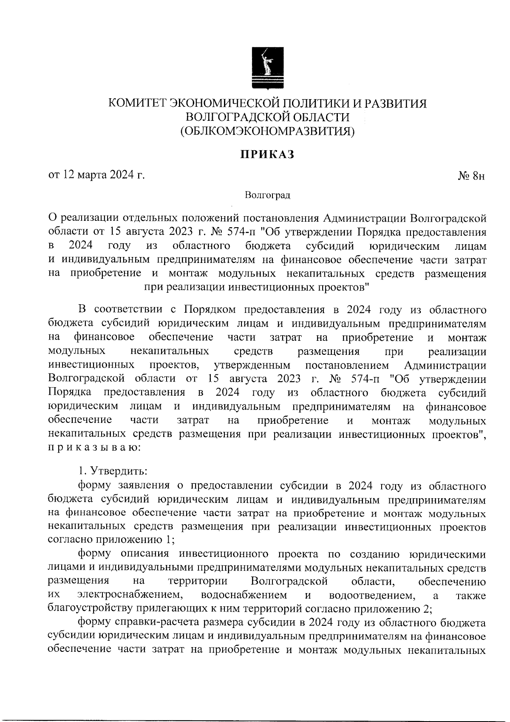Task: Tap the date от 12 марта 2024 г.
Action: [x=96, y=175]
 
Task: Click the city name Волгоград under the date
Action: [x=267, y=195]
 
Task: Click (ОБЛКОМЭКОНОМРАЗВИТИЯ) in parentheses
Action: [x=267, y=131]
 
